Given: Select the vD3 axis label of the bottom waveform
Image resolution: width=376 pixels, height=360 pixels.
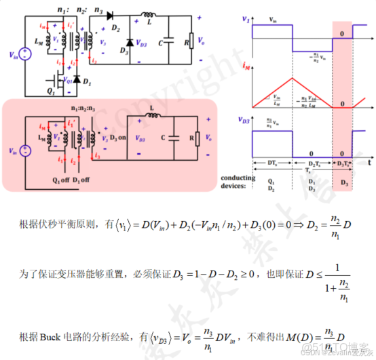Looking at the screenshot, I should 245,119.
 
